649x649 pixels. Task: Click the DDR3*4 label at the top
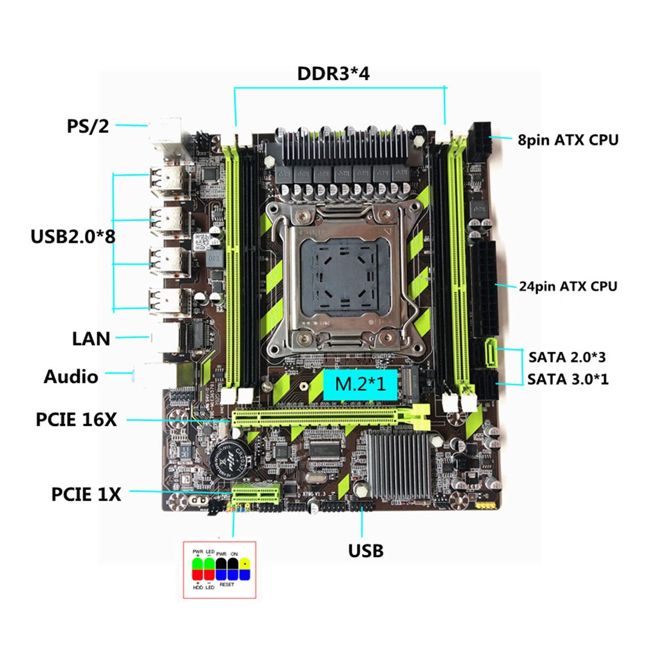tap(333, 74)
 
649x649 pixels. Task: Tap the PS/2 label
tap(88, 126)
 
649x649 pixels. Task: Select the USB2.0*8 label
tap(73, 236)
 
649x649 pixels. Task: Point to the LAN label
tap(91, 339)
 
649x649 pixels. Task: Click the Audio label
tap(71, 376)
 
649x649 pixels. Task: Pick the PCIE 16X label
tap(76, 419)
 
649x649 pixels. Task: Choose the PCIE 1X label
tap(86, 494)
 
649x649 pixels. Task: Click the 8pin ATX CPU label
tap(568, 140)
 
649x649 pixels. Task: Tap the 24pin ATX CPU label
tap(568, 286)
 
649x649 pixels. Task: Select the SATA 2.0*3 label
tap(567, 357)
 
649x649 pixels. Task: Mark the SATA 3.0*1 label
tap(568, 379)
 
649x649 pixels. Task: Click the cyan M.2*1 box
tap(361, 384)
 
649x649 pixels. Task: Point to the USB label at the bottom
tap(366, 551)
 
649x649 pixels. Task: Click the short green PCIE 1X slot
tap(256, 495)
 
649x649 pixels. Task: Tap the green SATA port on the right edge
tap(490, 353)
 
